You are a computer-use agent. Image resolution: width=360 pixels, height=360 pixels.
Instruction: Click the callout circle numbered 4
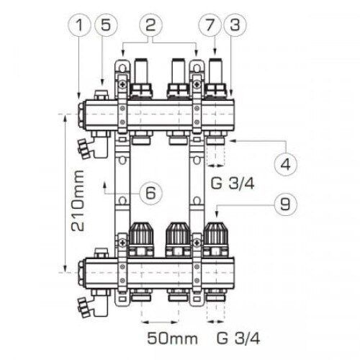(287, 163)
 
